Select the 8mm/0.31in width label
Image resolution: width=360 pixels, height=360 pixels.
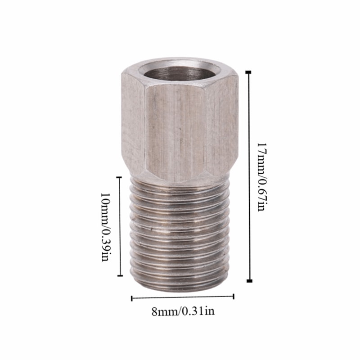point(183,310)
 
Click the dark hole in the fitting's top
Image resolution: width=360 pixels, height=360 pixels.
point(179,72)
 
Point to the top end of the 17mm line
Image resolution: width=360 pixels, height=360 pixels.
point(249,72)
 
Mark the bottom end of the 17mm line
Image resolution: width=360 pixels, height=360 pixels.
point(249,281)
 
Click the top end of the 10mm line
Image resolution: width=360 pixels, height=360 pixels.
point(119,177)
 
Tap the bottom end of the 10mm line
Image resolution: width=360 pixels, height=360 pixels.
point(119,276)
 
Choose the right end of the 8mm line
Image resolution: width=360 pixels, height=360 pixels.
point(234,296)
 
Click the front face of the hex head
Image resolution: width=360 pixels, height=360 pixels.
point(178,130)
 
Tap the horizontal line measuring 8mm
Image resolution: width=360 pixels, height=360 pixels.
point(183,297)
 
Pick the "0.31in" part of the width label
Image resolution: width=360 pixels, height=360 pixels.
point(197,310)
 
